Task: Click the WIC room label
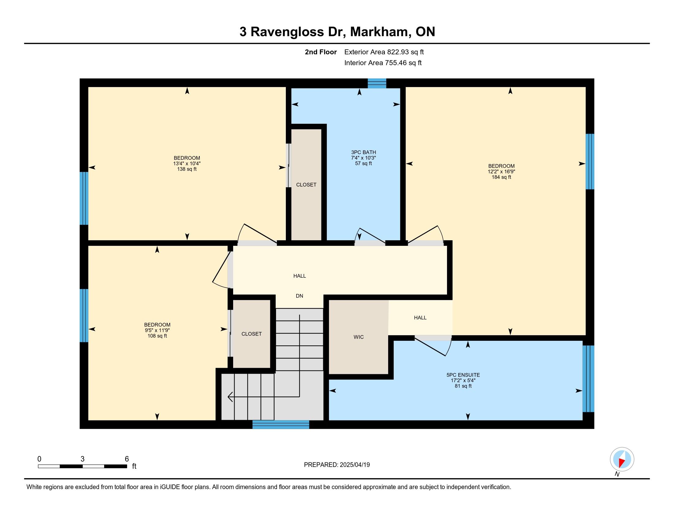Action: tap(359, 337)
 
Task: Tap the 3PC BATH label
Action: tap(364, 152)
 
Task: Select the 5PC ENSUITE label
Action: tap(463, 375)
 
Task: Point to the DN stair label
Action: tap(299, 296)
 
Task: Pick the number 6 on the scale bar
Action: tap(127, 459)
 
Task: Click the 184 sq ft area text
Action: tap(502, 177)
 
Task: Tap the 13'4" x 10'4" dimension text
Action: tap(187, 164)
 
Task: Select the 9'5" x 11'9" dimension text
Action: tap(157, 330)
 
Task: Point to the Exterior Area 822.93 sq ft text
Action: tap(384, 52)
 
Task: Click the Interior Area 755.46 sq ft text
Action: tap(383, 63)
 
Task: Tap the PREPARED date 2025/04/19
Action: tap(354, 465)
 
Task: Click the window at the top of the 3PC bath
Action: tap(377, 83)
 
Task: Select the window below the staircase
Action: tap(281, 424)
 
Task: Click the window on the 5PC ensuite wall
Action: tap(588, 379)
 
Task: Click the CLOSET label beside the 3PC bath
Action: tap(306, 185)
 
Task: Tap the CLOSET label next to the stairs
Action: tap(252, 334)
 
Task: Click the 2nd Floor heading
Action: tap(321, 52)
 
